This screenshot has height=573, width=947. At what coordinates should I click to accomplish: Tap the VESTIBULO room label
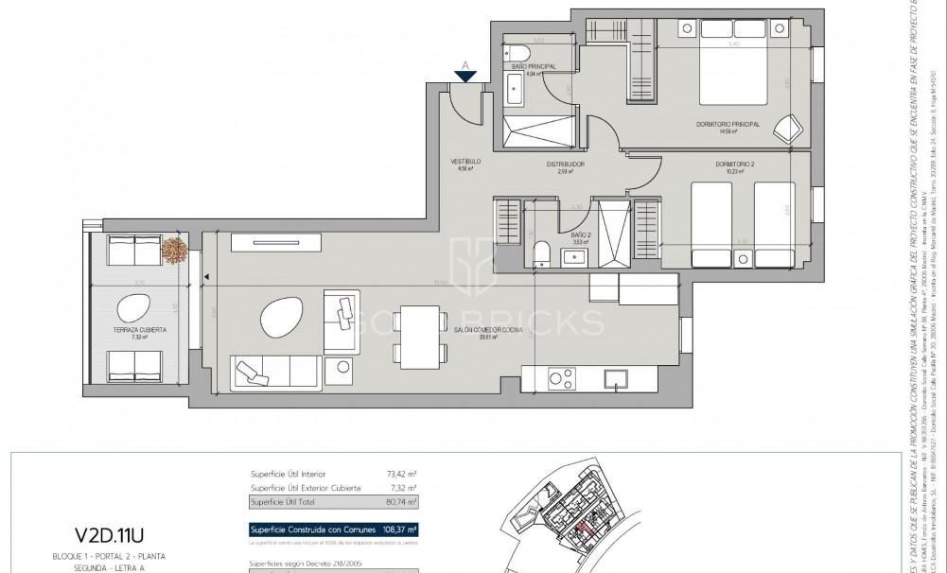467,163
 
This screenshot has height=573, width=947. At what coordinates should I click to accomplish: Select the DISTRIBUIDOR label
565,165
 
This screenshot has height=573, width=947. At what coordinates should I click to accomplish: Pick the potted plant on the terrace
174,250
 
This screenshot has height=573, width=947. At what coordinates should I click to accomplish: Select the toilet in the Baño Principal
519,53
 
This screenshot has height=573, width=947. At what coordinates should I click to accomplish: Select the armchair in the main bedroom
786,129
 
